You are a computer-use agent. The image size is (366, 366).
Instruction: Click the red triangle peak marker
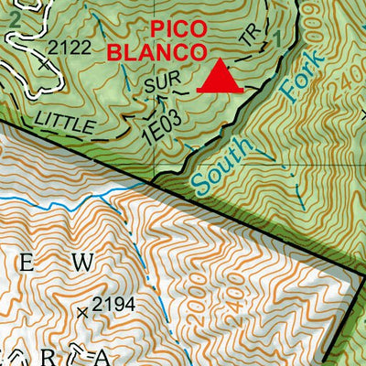point(220,77)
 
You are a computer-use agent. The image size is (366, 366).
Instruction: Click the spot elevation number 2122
point(75,46)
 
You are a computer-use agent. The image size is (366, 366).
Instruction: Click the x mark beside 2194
point(83,312)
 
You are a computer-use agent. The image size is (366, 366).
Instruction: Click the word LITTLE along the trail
point(60,119)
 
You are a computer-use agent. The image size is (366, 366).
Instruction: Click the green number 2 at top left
point(13,16)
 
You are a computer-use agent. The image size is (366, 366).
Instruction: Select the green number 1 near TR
point(278,38)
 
